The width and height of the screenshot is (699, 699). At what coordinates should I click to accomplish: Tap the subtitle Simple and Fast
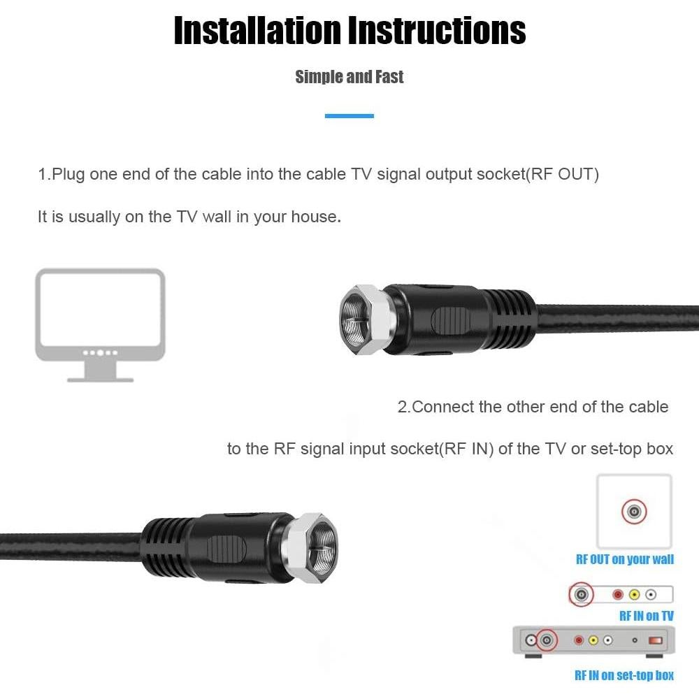349,77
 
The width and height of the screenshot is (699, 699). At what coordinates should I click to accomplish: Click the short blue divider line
349,116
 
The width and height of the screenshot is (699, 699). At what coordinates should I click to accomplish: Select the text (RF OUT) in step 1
563,174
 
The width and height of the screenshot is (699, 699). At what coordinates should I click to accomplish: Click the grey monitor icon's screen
100,310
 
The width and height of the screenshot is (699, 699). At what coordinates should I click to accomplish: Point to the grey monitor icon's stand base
100,378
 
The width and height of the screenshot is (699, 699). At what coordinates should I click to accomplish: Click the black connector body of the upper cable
447,319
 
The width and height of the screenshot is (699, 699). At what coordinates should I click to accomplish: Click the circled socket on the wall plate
634,512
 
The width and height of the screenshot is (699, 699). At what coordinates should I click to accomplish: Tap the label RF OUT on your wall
625,559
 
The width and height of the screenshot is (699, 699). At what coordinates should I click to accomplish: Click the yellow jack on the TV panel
634,595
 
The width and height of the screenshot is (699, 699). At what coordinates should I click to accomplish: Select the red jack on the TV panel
617,595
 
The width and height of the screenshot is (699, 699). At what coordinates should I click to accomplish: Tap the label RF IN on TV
647,616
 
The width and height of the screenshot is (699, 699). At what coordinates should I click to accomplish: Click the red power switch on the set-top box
655,640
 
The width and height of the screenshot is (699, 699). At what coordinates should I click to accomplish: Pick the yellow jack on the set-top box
593,640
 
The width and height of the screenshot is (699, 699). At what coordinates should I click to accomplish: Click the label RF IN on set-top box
624,675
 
